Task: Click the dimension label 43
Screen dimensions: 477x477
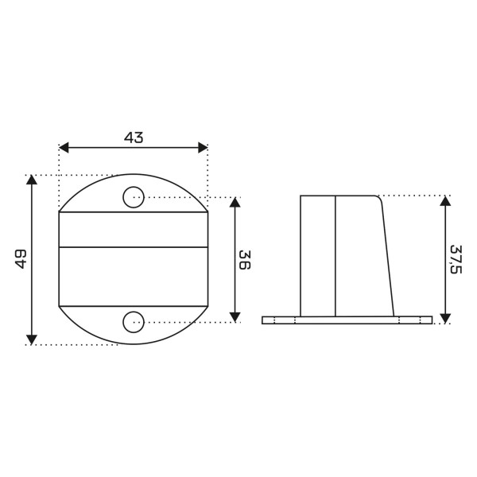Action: coord(134,138)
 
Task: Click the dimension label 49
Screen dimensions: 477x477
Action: coord(21,259)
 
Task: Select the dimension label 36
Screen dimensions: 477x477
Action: coord(245,260)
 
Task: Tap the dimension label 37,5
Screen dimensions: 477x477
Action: coord(456,259)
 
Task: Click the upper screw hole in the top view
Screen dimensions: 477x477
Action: coord(134,197)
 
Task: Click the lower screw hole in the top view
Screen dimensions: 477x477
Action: coord(134,322)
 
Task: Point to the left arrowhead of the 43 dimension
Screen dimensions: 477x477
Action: coord(64,148)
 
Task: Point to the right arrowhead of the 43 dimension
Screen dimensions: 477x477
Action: coord(203,148)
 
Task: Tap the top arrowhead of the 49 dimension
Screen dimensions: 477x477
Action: coord(32,180)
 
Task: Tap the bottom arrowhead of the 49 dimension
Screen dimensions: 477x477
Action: coord(32,339)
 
